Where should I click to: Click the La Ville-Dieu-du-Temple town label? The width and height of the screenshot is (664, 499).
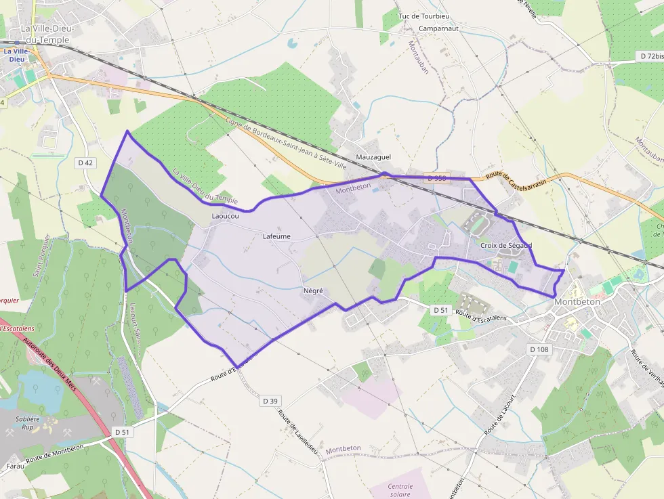click(x=46, y=35)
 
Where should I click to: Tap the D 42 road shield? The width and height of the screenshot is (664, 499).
click(x=85, y=162)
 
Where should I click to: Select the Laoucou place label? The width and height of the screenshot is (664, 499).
click(x=225, y=217)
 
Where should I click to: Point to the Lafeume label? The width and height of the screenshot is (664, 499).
click(x=276, y=236)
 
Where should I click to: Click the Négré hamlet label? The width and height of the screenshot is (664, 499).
click(x=313, y=290)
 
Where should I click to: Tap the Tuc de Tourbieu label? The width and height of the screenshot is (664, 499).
click(x=424, y=16)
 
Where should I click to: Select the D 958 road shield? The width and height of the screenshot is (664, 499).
click(x=437, y=178)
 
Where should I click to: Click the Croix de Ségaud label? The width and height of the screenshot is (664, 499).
click(x=506, y=245)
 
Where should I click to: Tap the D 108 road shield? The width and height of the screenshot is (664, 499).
click(x=539, y=349)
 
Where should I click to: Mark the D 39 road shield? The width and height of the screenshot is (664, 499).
click(x=270, y=401)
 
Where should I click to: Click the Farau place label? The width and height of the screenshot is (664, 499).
click(x=15, y=466)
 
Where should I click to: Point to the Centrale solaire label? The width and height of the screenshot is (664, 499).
click(x=400, y=490)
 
